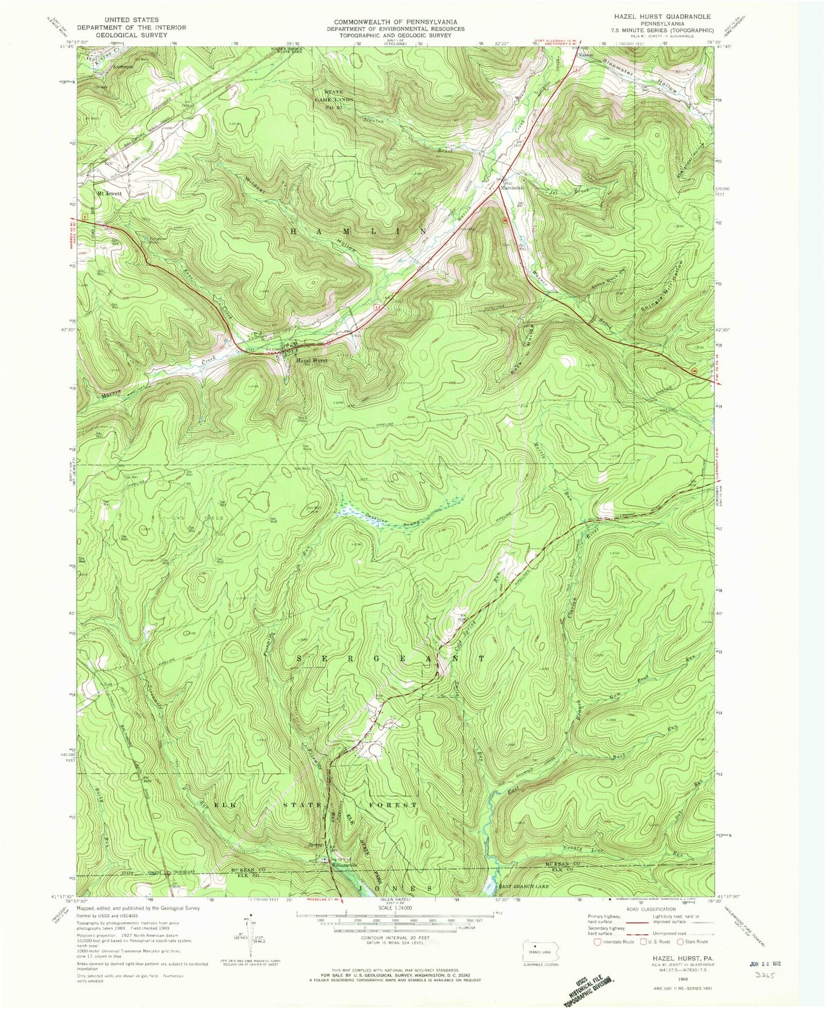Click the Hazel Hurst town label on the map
[312, 361]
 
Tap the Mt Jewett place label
[110, 193]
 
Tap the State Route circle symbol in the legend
[679, 941]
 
